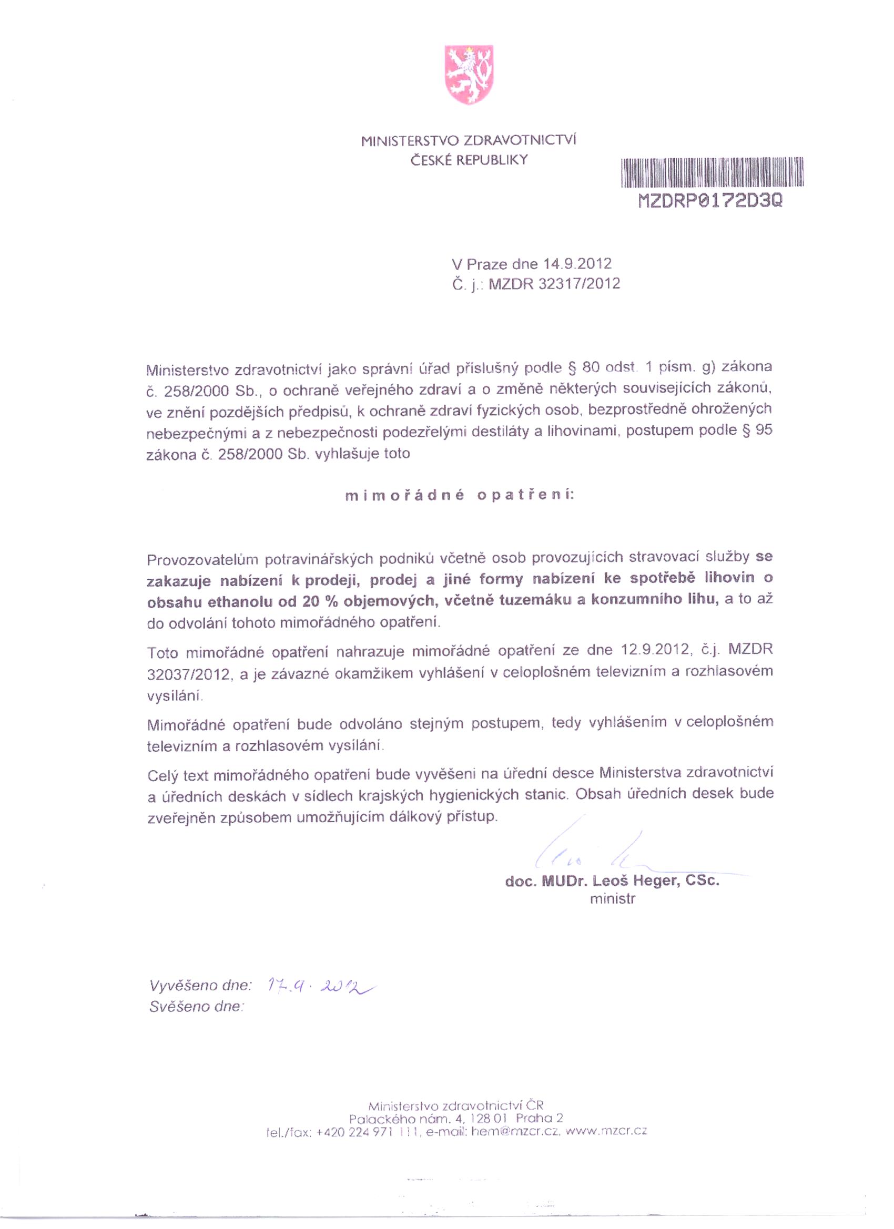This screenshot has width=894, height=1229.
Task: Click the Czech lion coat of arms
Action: coord(469,75)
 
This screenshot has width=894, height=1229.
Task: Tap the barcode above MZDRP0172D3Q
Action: coord(712,172)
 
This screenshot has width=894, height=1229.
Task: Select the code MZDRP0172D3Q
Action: coord(711,201)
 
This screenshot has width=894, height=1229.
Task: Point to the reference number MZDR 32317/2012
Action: coord(554,284)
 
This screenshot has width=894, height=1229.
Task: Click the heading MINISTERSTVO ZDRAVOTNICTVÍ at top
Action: coord(469,141)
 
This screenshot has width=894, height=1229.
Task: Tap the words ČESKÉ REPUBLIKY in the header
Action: coord(469,160)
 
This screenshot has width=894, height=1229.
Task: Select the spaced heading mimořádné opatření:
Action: coord(459,495)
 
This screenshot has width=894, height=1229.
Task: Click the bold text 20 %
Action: coord(317,601)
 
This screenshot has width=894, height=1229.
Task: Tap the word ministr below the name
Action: coord(612,899)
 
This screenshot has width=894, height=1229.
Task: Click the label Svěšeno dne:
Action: coord(196,1007)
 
